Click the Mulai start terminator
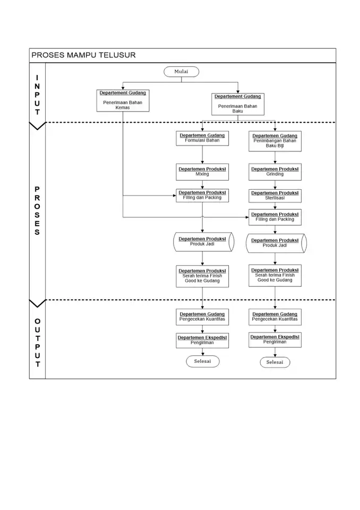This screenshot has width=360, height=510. click(181, 72)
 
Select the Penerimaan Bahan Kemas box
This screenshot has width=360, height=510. click(123, 100)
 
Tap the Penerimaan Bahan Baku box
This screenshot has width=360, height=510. click(238, 104)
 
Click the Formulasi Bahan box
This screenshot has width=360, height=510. click(202, 138)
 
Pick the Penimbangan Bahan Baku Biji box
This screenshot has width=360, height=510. click(275, 141)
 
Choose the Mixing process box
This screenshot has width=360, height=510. click(202, 172)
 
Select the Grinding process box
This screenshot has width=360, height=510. click(275, 172)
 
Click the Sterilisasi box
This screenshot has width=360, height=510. click(275, 196)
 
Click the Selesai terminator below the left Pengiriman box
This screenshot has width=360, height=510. click(203, 361)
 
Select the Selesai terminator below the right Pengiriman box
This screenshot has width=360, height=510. click(275, 362)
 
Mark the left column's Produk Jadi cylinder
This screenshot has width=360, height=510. click(203, 242)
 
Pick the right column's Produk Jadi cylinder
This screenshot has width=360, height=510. click(276, 243)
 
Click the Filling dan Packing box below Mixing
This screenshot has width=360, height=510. click(202, 195)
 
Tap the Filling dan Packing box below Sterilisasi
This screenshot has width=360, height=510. click(275, 217)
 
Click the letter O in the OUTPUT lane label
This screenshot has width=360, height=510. click(37, 322)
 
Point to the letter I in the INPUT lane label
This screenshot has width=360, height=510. click(37, 78)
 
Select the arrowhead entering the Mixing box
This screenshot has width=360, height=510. click(202, 162)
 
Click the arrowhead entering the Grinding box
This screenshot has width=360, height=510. click(275, 162)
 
